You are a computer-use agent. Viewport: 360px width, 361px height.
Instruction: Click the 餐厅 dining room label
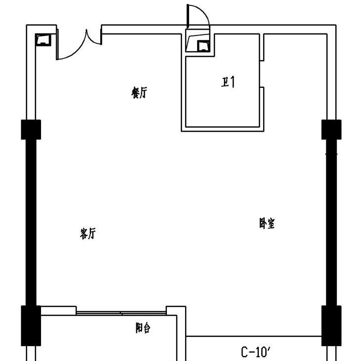(139, 93)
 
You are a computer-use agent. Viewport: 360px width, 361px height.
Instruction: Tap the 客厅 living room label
(87, 233)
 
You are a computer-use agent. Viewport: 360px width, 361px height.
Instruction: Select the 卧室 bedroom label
(267, 223)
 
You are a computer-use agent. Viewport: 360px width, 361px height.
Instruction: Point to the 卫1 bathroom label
(228, 82)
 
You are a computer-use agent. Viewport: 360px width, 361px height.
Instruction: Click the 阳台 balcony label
(143, 327)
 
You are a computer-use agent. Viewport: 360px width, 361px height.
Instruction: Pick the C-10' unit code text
(256, 352)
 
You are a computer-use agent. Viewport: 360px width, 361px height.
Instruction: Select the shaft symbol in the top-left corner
(43, 39)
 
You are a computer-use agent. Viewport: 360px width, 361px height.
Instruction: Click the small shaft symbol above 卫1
(203, 46)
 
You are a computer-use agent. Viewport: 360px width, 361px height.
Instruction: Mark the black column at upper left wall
(31, 129)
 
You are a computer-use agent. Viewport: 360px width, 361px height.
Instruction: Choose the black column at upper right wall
(331, 129)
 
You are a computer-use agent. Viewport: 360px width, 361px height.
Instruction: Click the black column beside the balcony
(31, 325)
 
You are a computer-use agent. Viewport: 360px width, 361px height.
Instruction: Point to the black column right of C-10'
(331, 325)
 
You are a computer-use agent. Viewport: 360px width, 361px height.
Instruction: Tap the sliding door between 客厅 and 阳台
(121, 313)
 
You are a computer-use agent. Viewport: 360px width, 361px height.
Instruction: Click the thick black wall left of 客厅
(31, 222)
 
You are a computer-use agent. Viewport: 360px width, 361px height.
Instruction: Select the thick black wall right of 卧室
(331, 222)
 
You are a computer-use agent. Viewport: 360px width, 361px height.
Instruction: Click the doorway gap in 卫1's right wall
(262, 74)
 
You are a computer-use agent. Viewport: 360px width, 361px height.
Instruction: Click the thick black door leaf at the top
(188, 16)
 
